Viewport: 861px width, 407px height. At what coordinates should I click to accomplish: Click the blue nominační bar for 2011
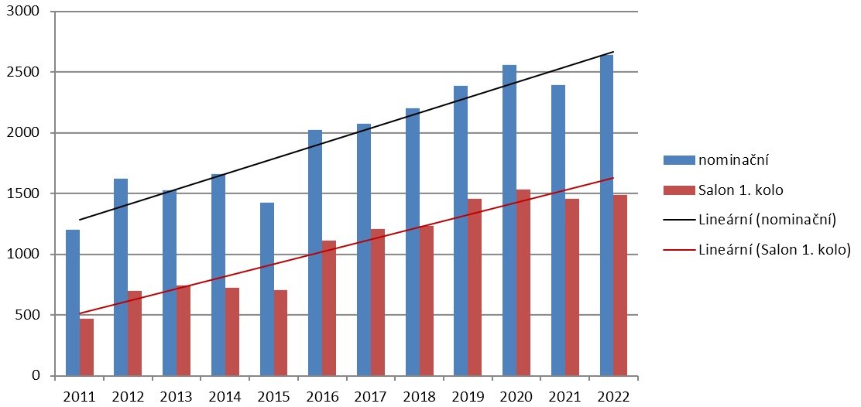(72, 303)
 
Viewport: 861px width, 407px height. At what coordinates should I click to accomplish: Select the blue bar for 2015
(266, 289)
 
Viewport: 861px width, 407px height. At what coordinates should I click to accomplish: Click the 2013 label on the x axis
(177, 397)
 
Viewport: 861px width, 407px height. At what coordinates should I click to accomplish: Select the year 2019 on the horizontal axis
(468, 397)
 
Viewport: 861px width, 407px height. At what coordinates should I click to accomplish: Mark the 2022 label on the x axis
(613, 397)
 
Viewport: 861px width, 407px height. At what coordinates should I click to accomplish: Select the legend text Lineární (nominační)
(767, 221)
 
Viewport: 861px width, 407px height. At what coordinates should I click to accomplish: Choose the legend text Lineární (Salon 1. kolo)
(774, 251)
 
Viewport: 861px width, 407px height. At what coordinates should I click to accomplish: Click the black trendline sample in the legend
(677, 221)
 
